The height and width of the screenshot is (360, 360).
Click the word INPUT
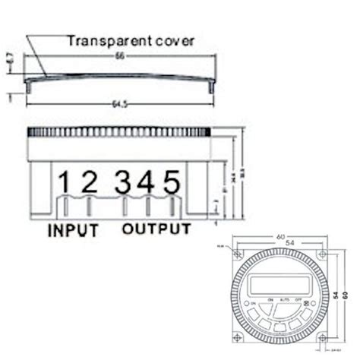(73, 229)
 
